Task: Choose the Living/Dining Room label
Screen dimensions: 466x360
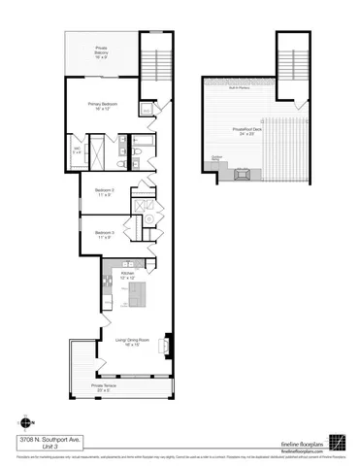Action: coord(129,342)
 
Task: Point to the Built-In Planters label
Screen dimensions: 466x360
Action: coord(239,89)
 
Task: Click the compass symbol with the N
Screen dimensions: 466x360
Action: coord(22,422)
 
